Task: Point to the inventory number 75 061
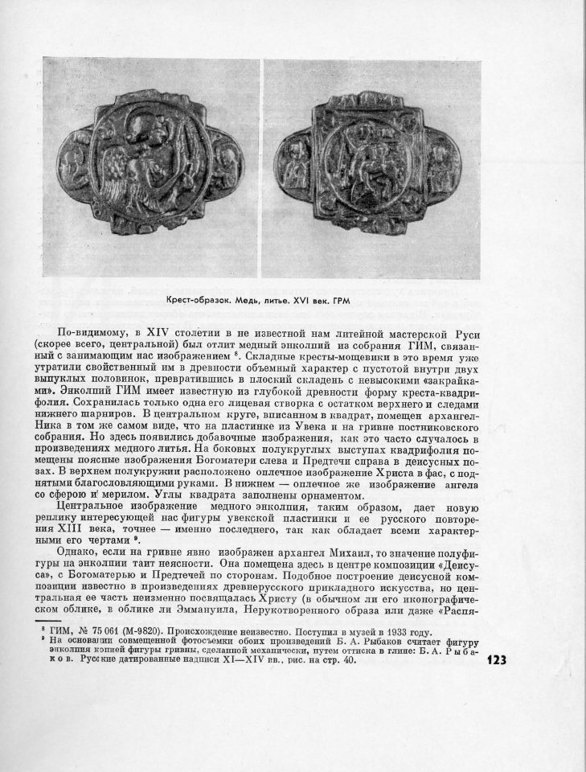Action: [x=107, y=633]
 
